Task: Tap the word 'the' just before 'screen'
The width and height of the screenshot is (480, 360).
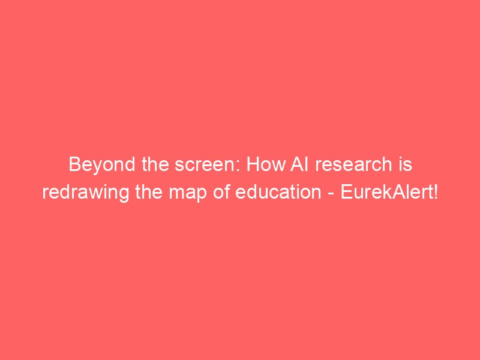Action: coord(155,164)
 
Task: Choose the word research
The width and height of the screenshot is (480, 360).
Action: coord(353,164)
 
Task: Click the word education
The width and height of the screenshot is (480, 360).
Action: coord(278,192)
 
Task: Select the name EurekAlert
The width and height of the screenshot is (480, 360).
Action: coord(386,192)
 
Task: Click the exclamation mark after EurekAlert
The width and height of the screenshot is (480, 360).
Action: coord(436,192)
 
